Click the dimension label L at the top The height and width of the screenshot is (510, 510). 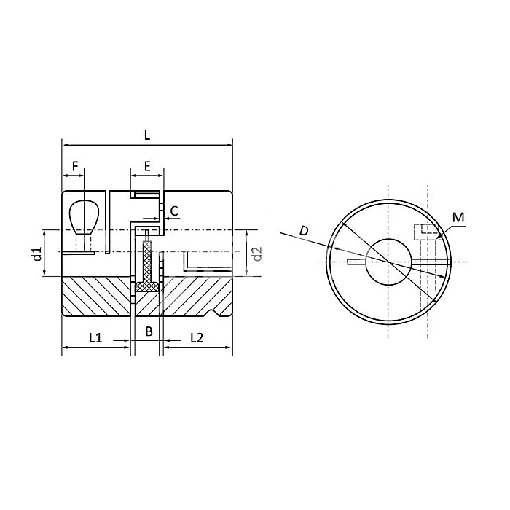[x=147, y=135]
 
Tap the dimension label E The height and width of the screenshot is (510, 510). [x=147, y=166]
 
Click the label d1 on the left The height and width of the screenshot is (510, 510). [x=35, y=254]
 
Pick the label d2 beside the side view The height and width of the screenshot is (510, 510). [x=256, y=254]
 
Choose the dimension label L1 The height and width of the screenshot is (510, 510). [x=95, y=337]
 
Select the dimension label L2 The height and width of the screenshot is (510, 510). [x=197, y=337]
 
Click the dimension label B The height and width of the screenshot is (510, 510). [x=148, y=332]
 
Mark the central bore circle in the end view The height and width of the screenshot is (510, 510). [x=388, y=260]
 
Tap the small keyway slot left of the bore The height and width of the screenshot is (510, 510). [x=358, y=261]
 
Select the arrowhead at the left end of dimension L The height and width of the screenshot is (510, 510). [x=64, y=144]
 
